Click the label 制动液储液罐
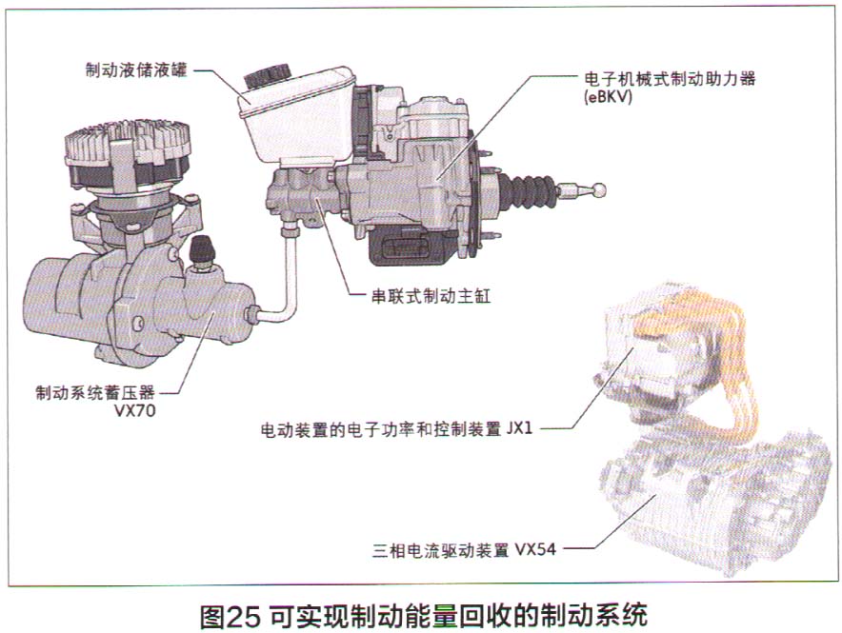pos(135,69)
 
